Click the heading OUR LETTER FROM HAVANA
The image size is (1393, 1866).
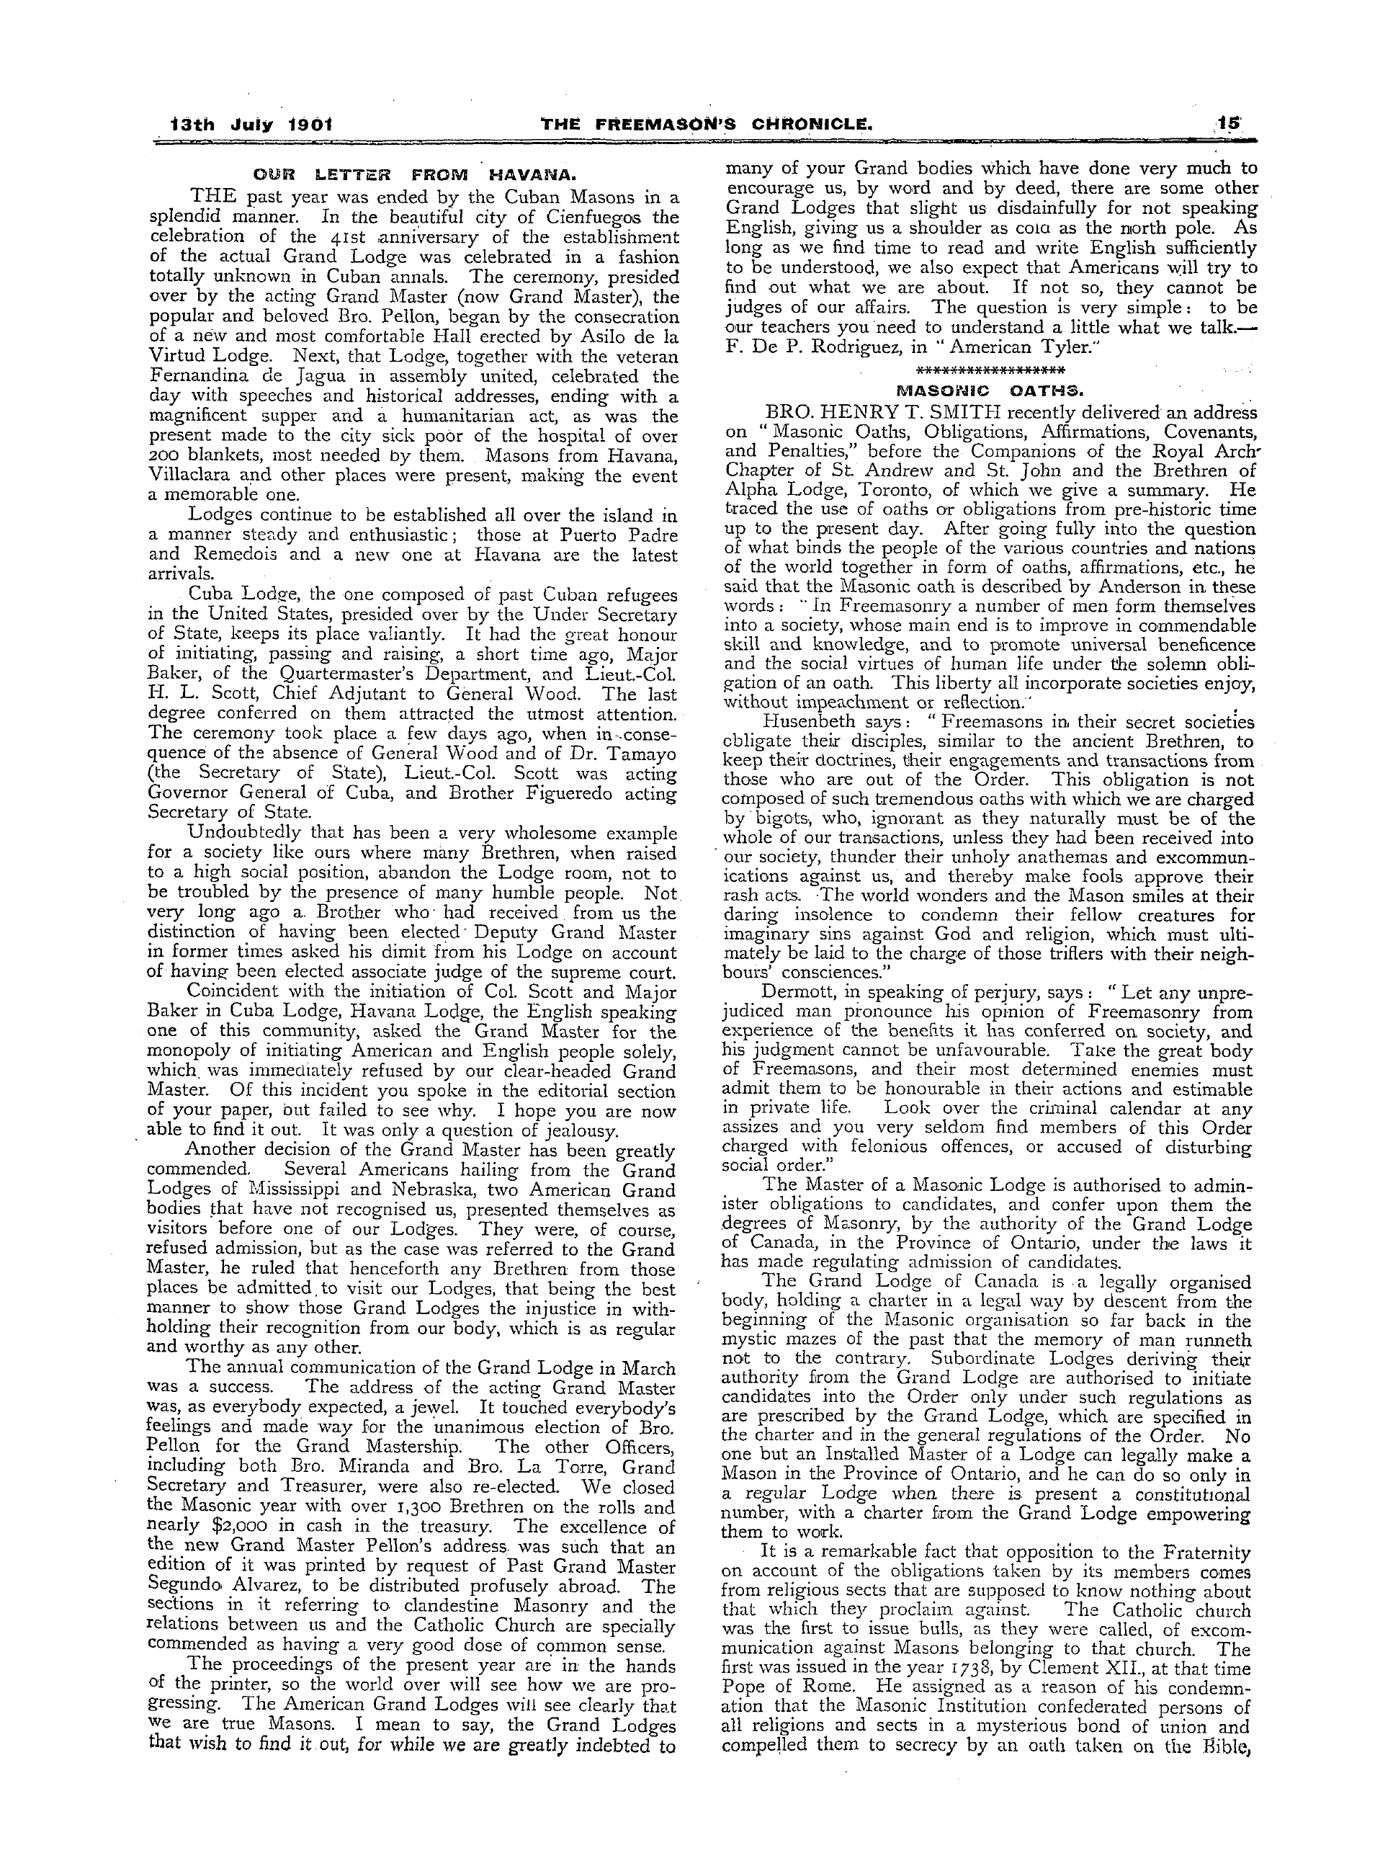(414, 177)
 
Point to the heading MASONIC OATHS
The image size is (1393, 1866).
(989, 390)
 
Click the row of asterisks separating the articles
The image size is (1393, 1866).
(989, 372)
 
